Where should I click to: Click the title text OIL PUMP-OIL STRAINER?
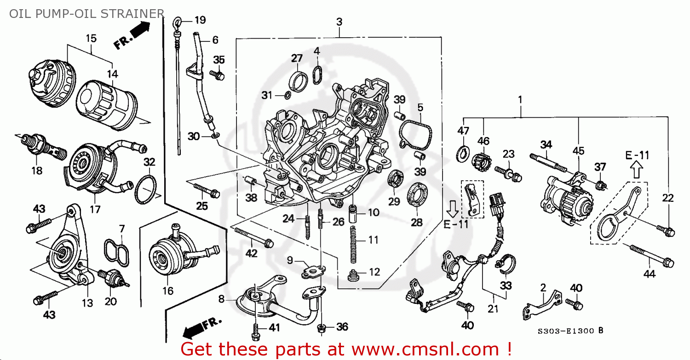point(86,13)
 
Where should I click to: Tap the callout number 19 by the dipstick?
point(200,20)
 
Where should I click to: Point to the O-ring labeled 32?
point(146,189)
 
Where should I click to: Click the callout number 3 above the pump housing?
point(339,22)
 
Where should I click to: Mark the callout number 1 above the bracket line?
point(520,99)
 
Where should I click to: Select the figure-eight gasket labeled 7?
point(117,251)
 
